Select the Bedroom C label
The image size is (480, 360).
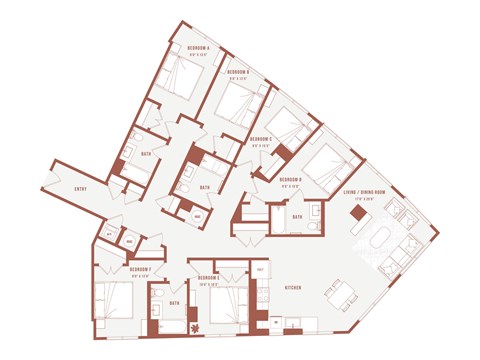[x=262, y=139]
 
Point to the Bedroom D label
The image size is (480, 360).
[x=292, y=180]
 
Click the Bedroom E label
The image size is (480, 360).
[x=208, y=276]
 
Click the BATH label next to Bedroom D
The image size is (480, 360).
[x=297, y=217]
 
